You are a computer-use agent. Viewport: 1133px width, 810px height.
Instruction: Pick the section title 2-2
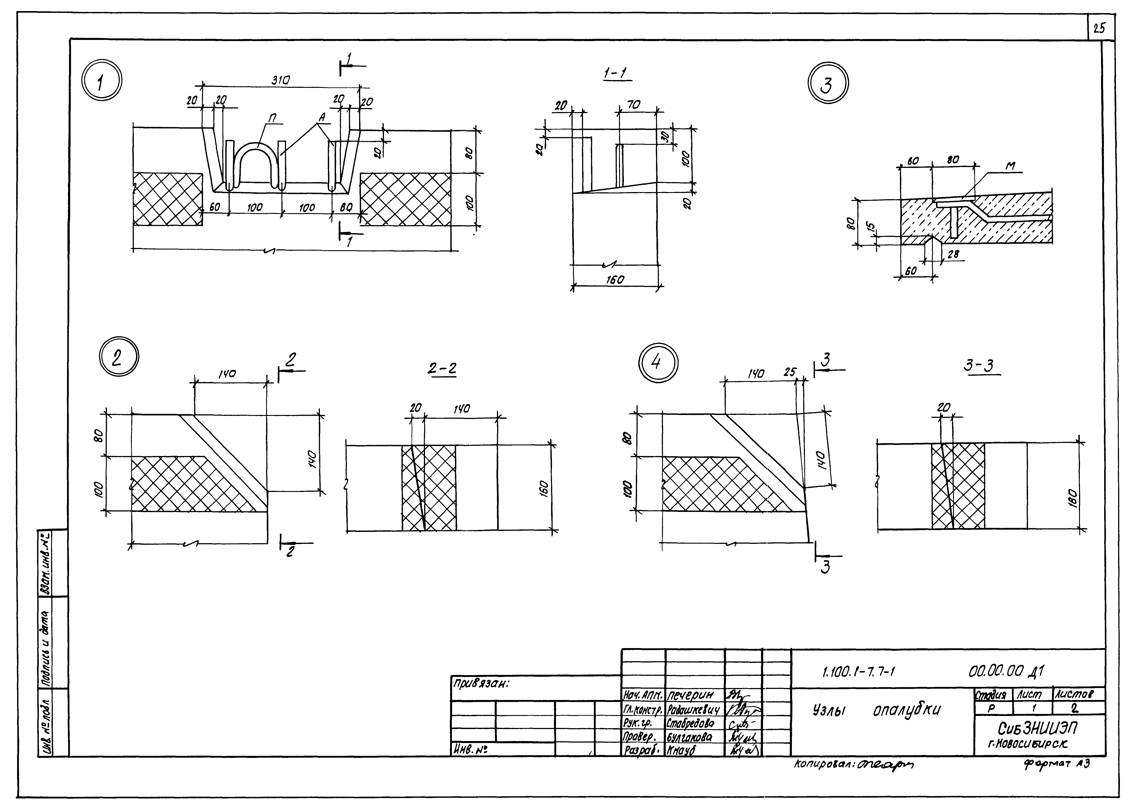click(442, 369)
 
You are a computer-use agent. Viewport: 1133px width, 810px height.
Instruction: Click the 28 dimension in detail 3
click(953, 254)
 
